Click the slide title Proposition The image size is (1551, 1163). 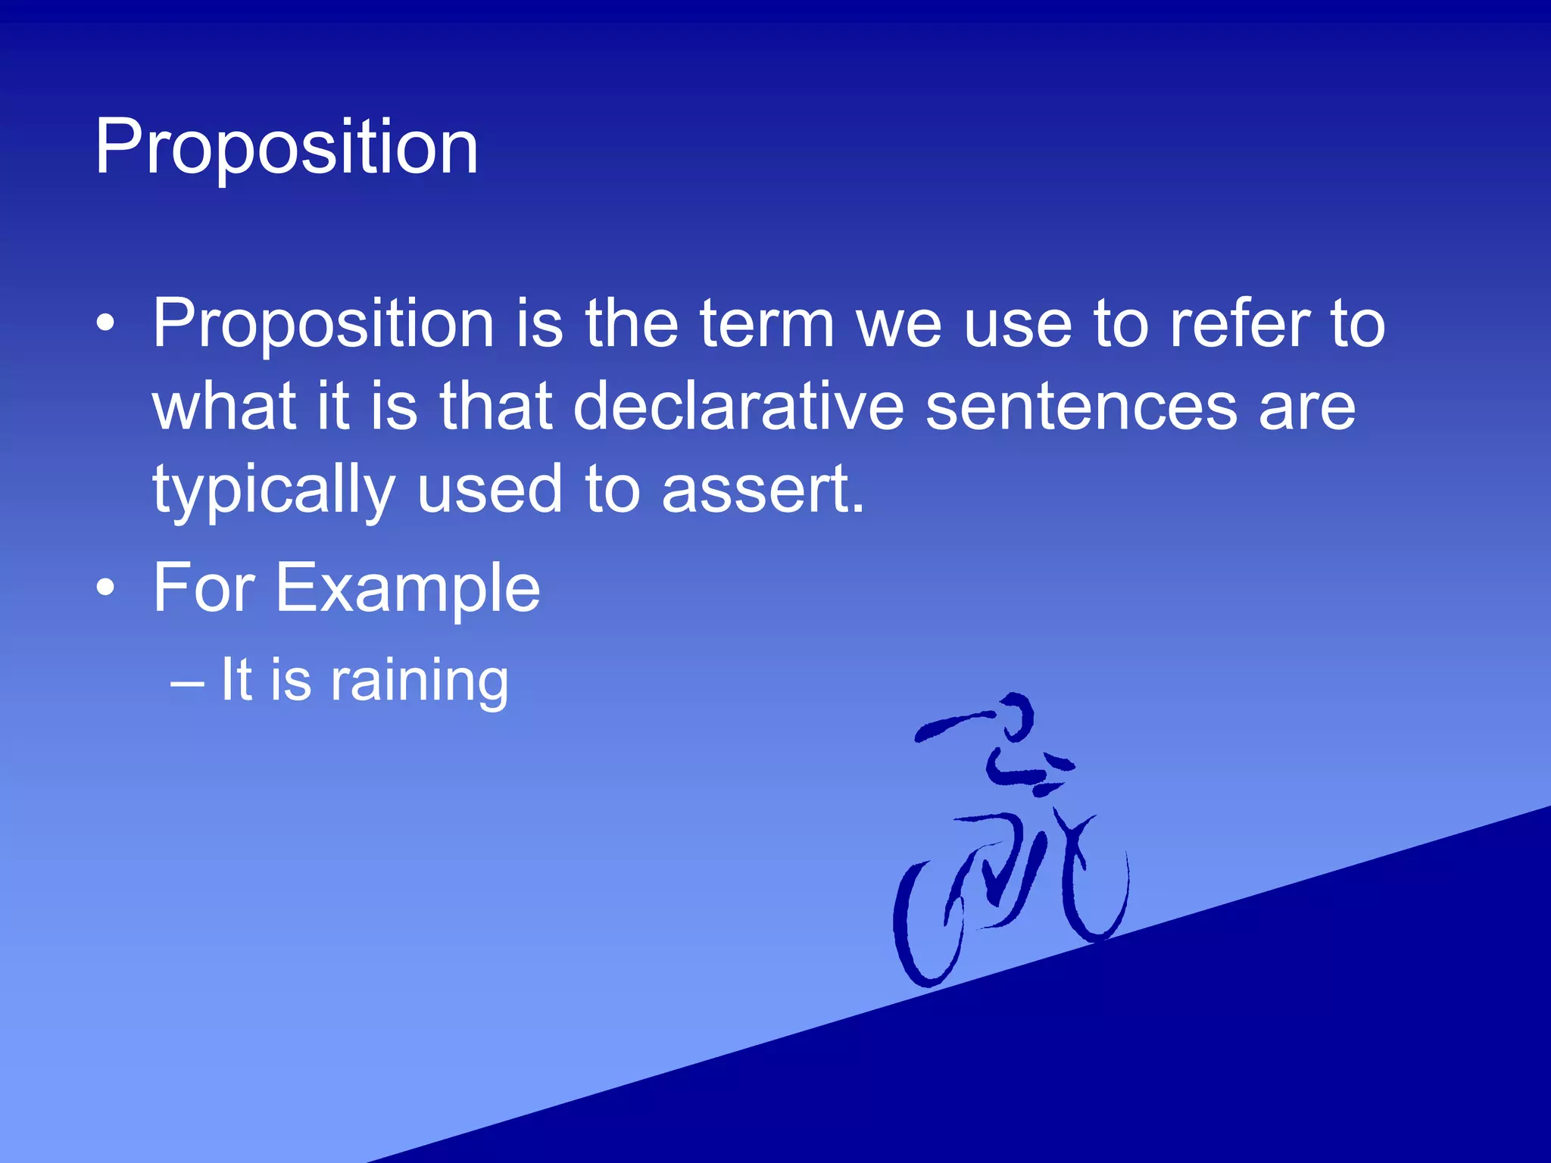point(286,148)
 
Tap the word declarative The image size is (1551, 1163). point(738,407)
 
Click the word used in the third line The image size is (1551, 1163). point(489,491)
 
